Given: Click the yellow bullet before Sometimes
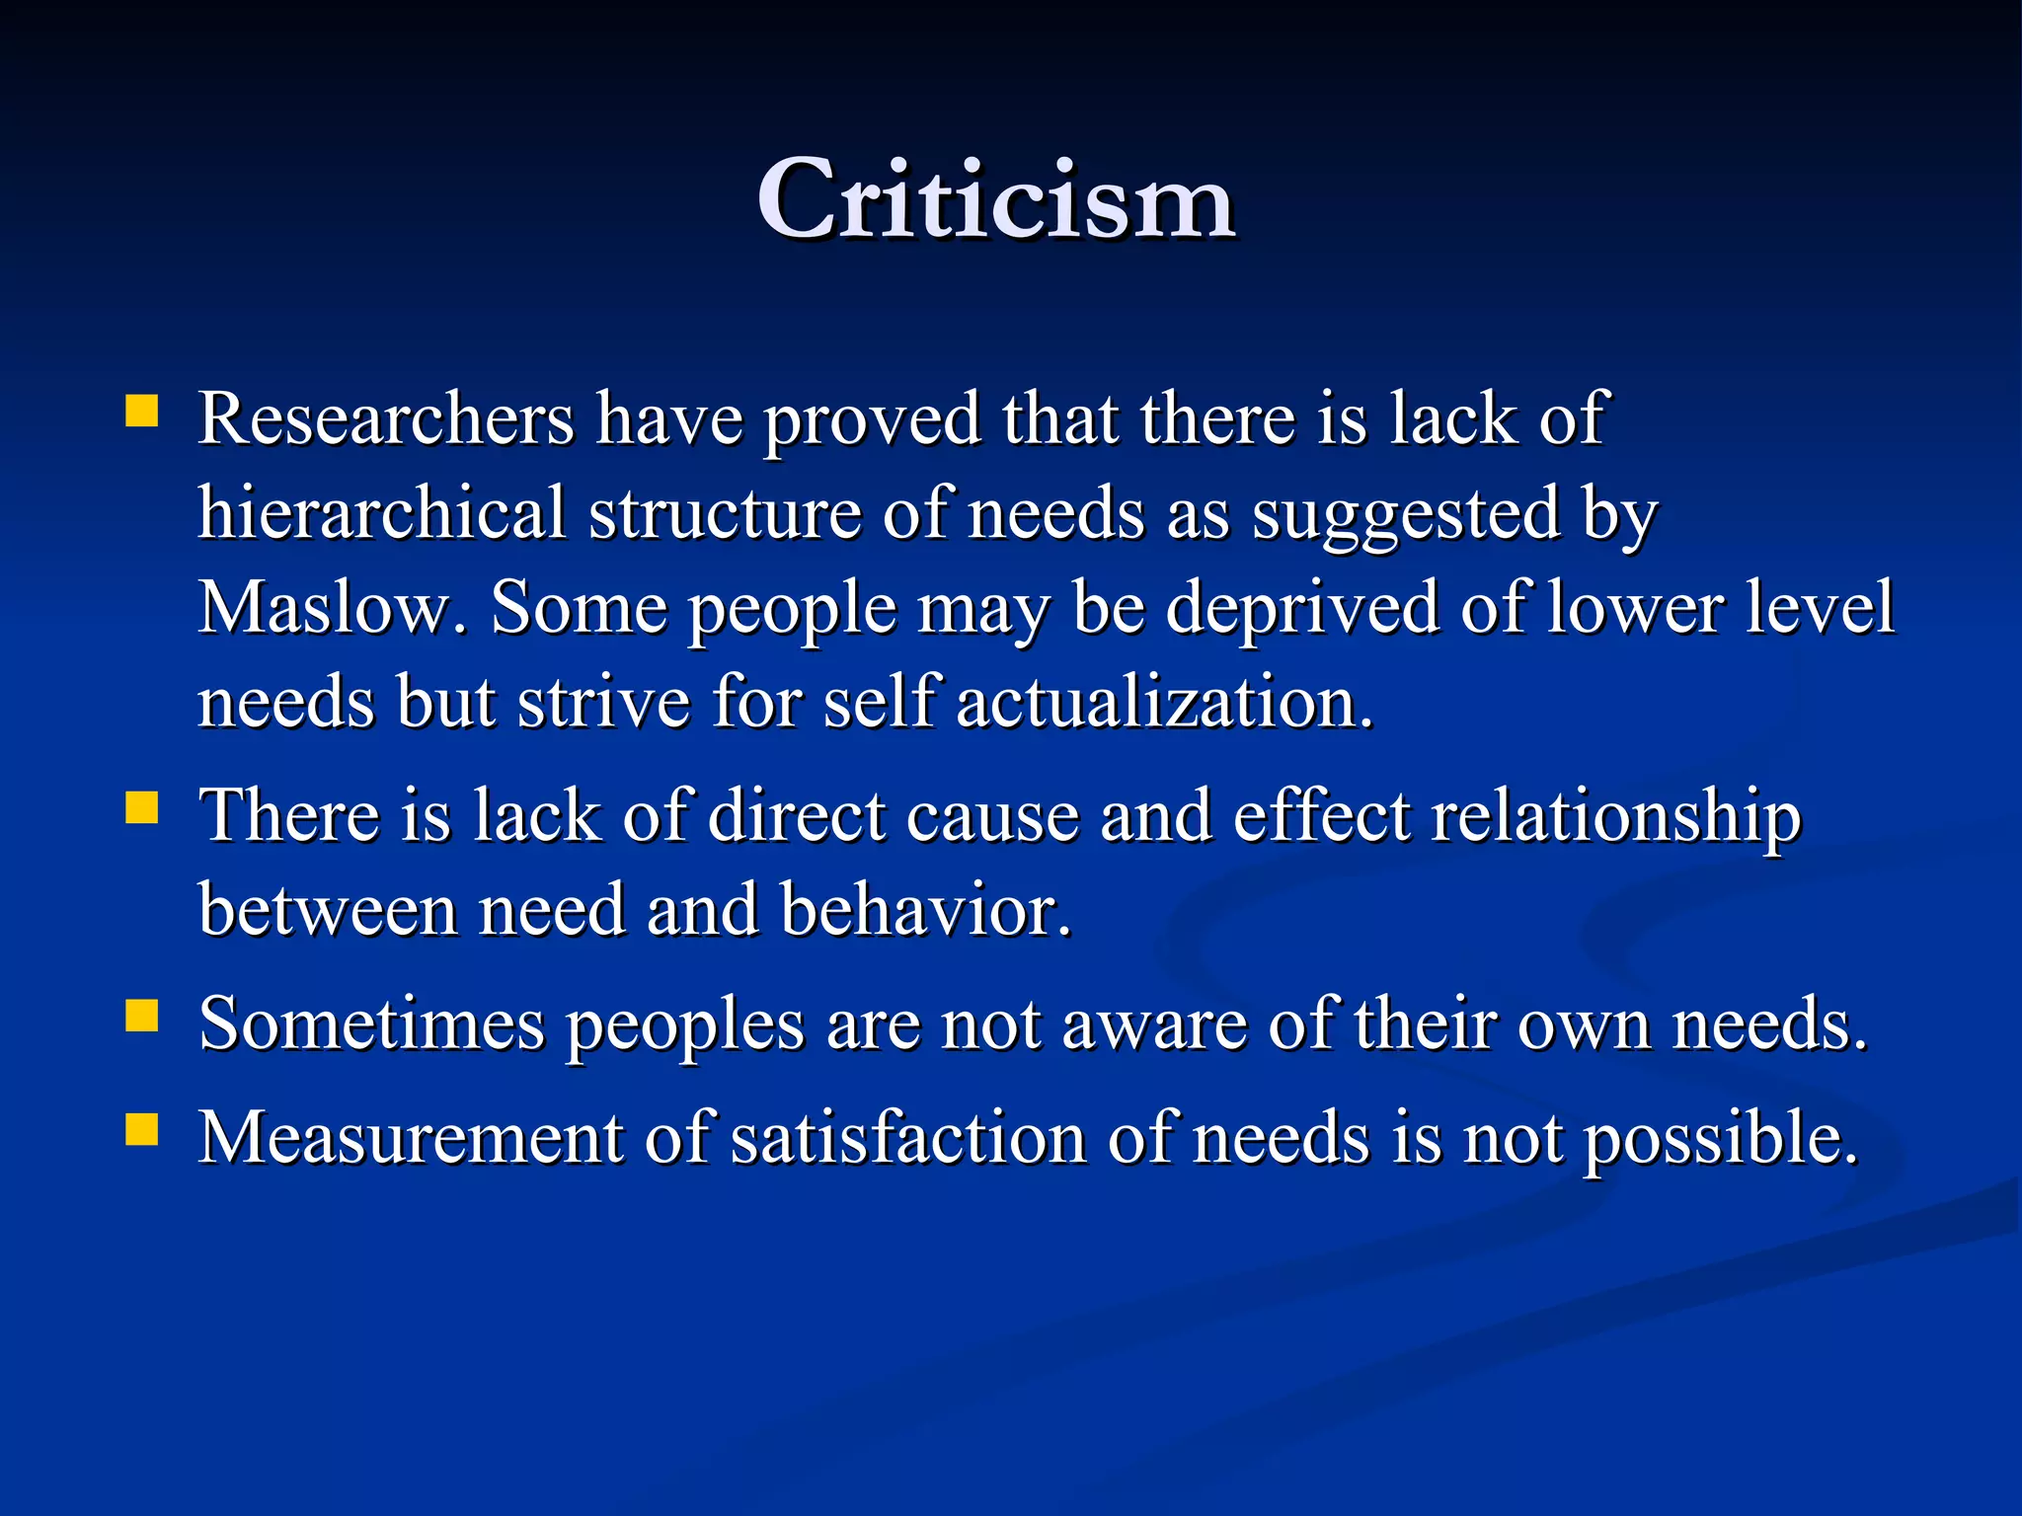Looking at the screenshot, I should [142, 1016].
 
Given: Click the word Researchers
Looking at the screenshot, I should [386, 419].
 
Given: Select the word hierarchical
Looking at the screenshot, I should [382, 513].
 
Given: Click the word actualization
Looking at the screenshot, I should [1164, 703].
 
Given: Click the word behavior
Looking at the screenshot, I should [925, 910].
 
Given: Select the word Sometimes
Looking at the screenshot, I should [371, 1024].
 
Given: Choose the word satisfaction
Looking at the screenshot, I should [908, 1138].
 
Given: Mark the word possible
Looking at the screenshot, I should [1721, 1140].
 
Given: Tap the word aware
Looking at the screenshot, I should [1154, 1024].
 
